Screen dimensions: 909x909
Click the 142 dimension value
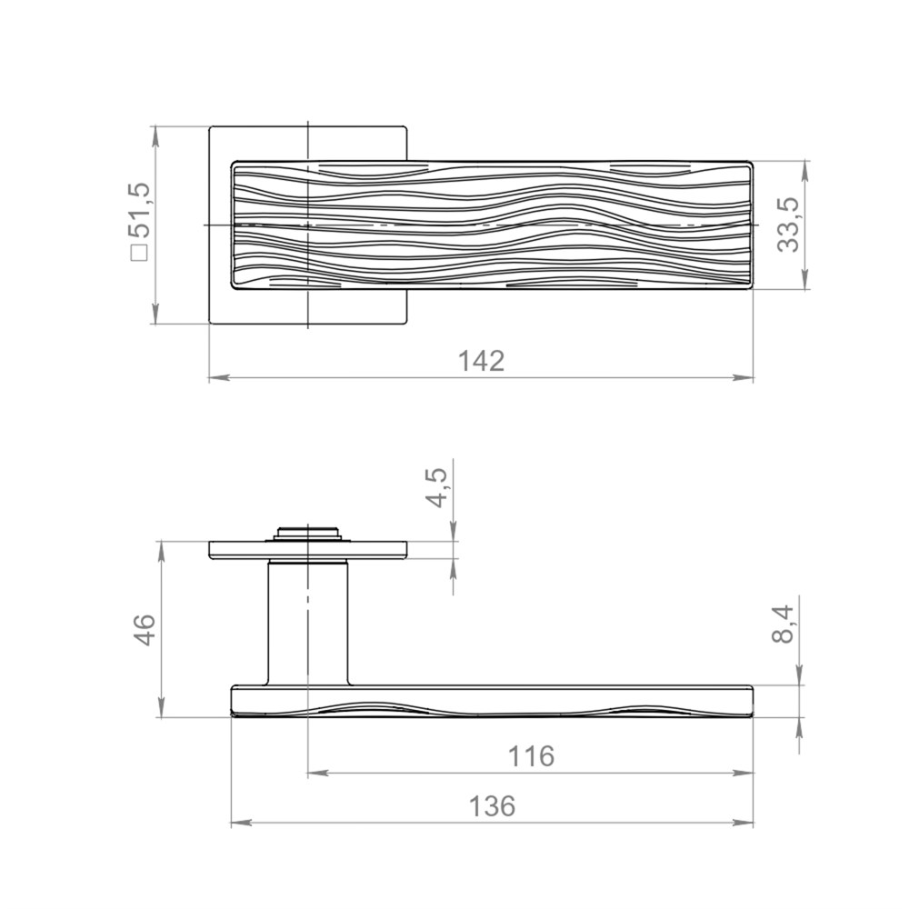pyautogui.click(x=481, y=361)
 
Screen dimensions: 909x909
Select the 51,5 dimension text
pyautogui.click(x=140, y=211)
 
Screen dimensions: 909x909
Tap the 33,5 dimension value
pyautogui.click(x=788, y=225)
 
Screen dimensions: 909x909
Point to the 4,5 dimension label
pyautogui.click(x=439, y=487)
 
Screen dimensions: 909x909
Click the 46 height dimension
pyautogui.click(x=142, y=629)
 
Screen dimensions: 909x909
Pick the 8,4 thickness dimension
pyautogui.click(x=784, y=624)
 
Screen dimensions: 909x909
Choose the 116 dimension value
pyautogui.click(x=531, y=756)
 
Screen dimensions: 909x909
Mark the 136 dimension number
pyautogui.click(x=492, y=806)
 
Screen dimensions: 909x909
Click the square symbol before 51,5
pyautogui.click(x=140, y=254)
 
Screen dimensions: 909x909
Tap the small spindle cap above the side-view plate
pyautogui.click(x=307, y=534)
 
